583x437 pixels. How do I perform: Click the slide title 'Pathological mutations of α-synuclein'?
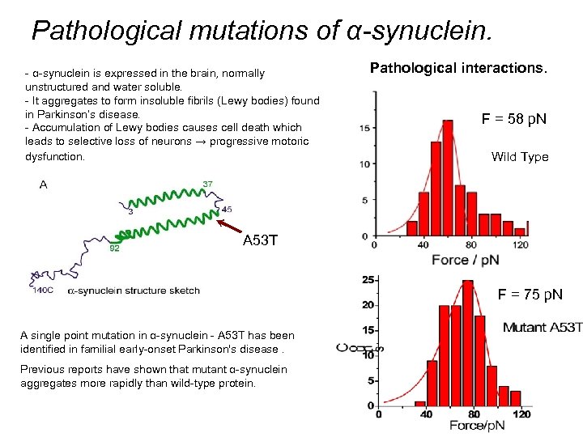(x=261, y=31)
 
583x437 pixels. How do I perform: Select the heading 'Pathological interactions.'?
(x=458, y=68)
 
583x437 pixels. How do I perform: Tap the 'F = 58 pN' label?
(x=514, y=119)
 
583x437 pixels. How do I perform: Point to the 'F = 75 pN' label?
(x=530, y=295)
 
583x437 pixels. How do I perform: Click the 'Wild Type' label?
(x=519, y=157)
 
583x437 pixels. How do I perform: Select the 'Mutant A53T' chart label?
(x=542, y=327)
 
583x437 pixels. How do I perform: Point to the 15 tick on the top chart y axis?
(x=365, y=128)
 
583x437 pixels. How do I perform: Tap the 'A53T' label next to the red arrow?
(x=262, y=241)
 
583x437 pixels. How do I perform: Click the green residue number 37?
(x=207, y=184)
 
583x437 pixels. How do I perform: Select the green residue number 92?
(x=114, y=248)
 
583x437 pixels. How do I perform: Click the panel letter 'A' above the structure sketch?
(x=43, y=185)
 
